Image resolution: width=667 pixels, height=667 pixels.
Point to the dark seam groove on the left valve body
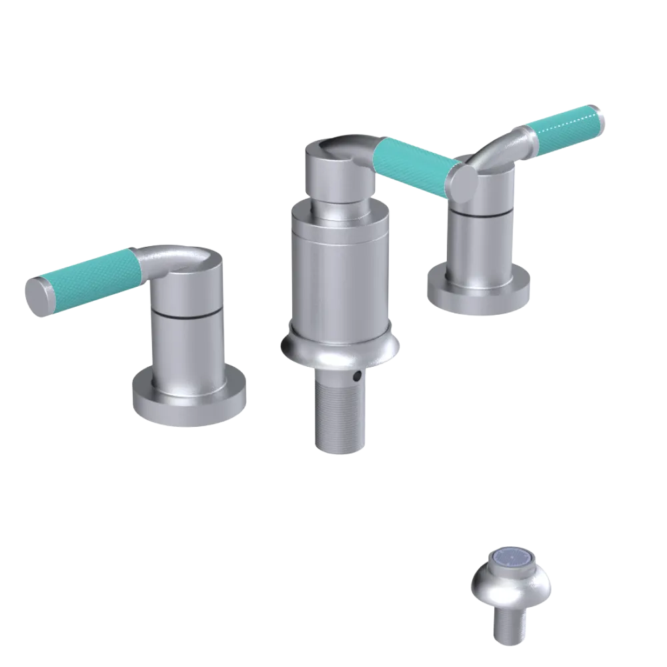pyautogui.click(x=186, y=313)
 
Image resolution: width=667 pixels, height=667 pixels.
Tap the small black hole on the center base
pyautogui.click(x=359, y=377)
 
